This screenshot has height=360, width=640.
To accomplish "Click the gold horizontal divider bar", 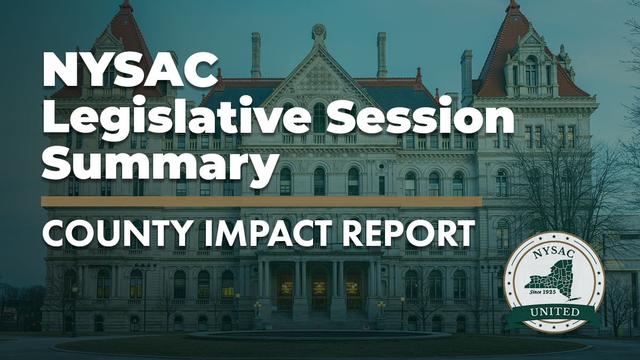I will click(261, 201).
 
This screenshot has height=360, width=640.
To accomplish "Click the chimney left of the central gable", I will click(257, 53).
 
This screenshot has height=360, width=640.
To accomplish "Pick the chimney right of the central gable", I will click(381, 53).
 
